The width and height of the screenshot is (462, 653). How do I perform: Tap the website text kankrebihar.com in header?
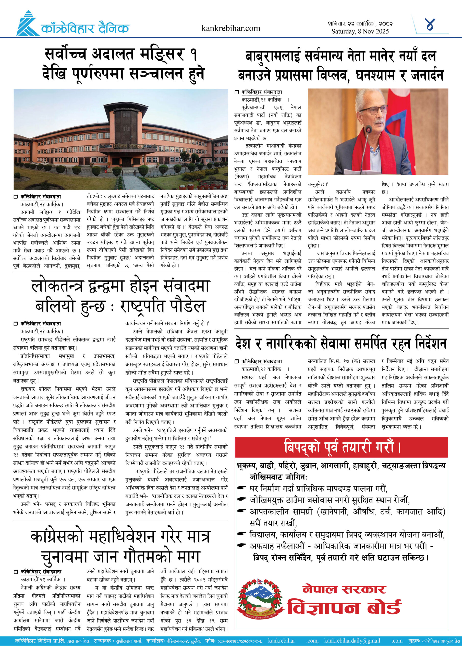230,28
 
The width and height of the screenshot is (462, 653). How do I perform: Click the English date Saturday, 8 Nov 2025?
360,32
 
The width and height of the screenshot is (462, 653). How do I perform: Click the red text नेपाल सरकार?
344,589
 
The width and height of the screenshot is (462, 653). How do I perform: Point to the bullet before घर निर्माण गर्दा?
242,488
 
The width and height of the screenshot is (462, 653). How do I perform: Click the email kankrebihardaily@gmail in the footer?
352,641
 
